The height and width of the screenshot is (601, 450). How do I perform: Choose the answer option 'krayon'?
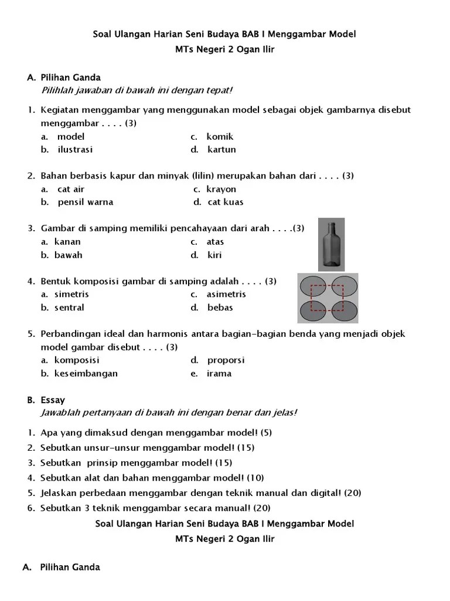[x=221, y=189]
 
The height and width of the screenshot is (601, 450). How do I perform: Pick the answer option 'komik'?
[x=220, y=137]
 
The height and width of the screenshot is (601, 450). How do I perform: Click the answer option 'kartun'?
[x=221, y=150]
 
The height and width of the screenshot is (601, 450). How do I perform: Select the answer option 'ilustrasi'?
[x=75, y=150]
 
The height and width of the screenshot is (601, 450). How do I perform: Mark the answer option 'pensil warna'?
[x=86, y=202]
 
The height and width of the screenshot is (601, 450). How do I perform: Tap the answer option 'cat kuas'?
[x=226, y=202]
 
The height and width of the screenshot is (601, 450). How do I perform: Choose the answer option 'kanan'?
[x=67, y=242]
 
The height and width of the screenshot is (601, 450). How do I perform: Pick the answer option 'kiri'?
[x=214, y=255]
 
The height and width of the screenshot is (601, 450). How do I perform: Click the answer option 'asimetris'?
[x=226, y=294]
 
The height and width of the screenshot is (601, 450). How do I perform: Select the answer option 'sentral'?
[x=69, y=308]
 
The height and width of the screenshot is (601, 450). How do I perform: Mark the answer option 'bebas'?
[x=220, y=308]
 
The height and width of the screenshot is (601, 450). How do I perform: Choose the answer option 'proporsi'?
[x=226, y=360]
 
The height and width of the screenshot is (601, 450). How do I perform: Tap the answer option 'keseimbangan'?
[x=86, y=373]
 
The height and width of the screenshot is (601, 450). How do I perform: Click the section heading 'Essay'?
[x=53, y=400]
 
